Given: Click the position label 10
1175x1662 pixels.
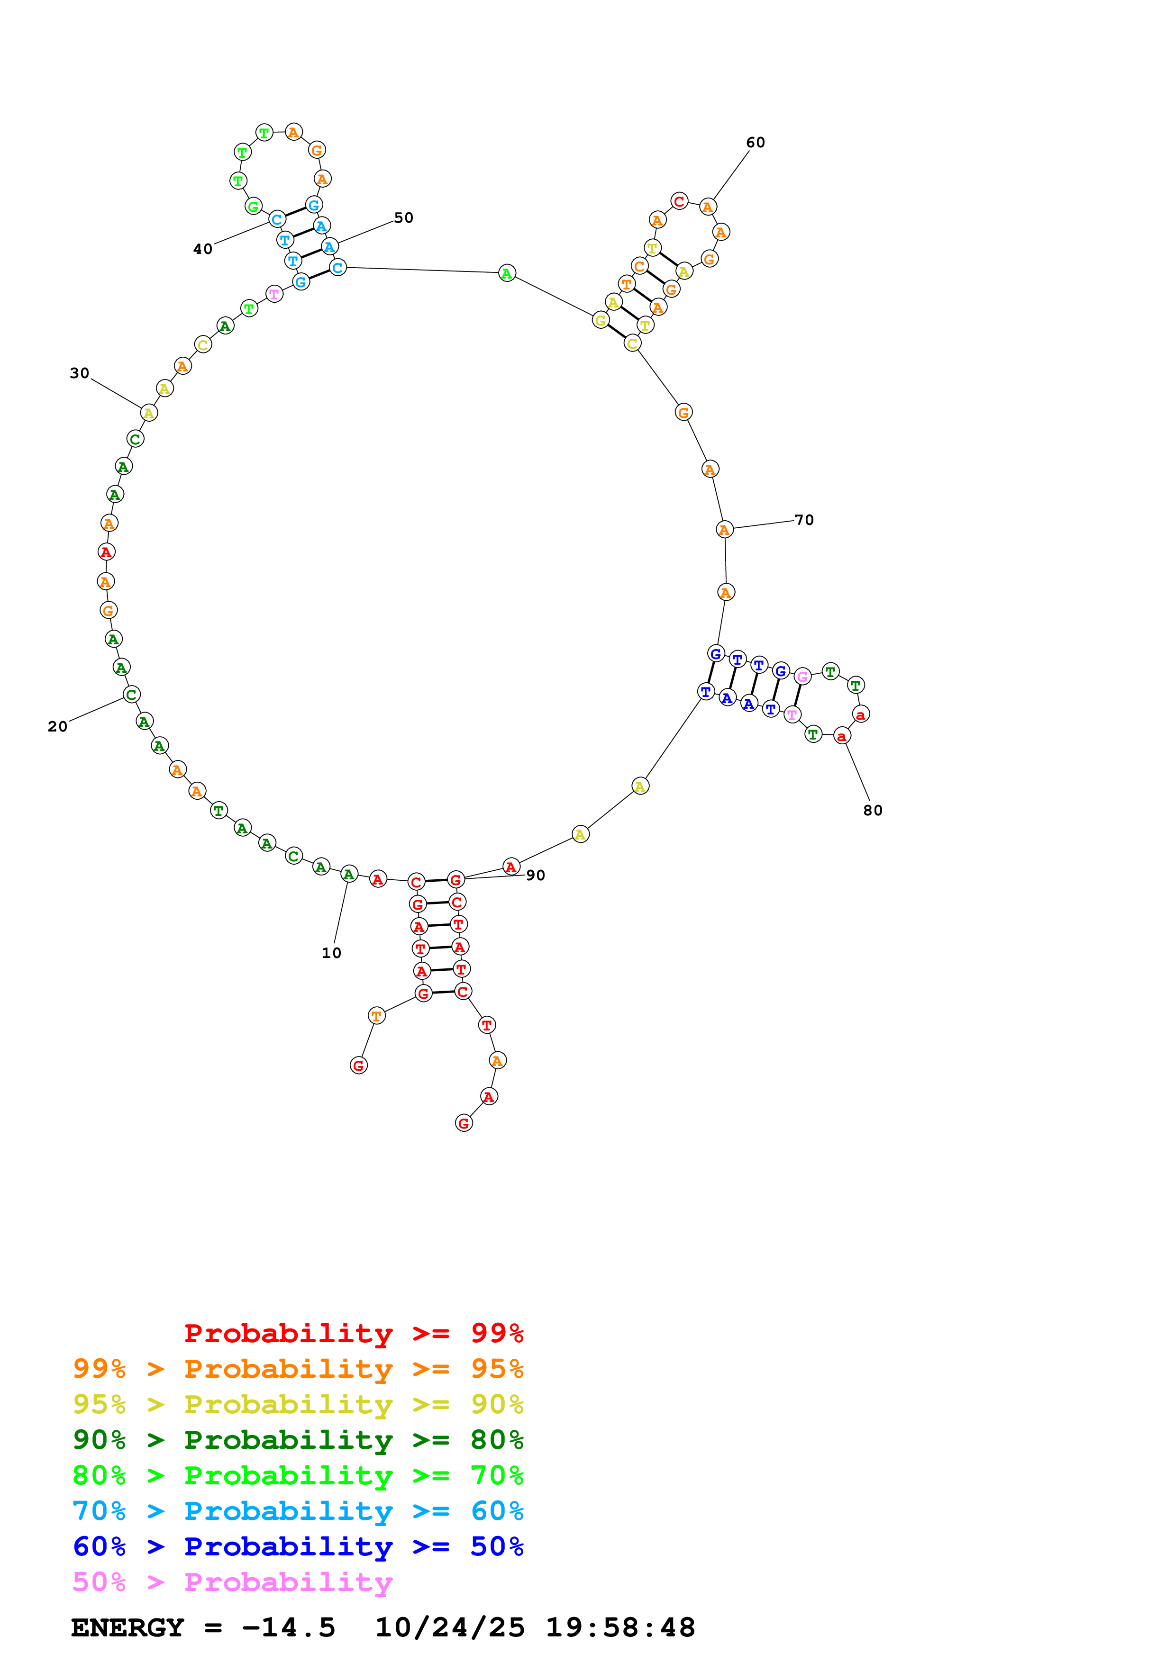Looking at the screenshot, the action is tap(332, 953).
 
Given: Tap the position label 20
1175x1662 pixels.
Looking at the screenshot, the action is tap(58, 727).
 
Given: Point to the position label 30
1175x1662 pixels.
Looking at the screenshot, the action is tap(80, 373).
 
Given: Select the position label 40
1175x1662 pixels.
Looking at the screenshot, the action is tap(203, 250).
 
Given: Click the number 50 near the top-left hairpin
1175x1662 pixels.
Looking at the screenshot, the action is tap(404, 218).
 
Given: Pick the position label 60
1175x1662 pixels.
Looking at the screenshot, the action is tap(756, 143).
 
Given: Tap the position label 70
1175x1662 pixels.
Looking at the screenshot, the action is tap(804, 521).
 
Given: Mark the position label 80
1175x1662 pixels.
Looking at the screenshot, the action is tap(873, 811).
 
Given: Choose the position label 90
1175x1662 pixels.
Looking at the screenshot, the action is tap(536, 876).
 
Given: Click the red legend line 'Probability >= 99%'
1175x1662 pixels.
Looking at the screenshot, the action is tap(354, 1333).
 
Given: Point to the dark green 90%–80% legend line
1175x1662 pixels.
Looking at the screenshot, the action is tap(298, 1440).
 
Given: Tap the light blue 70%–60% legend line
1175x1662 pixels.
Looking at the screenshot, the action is tap(298, 1511).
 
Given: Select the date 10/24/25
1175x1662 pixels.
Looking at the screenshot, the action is tap(450, 1628).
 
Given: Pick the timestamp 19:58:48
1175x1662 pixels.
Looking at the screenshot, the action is tap(620, 1628).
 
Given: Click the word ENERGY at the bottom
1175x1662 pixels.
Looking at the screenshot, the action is tap(128, 1628).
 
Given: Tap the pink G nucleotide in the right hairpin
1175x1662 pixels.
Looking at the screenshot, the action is tap(802, 677).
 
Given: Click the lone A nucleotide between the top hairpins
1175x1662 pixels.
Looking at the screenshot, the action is tap(507, 274).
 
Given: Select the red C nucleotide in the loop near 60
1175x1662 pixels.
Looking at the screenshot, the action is tap(679, 201).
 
